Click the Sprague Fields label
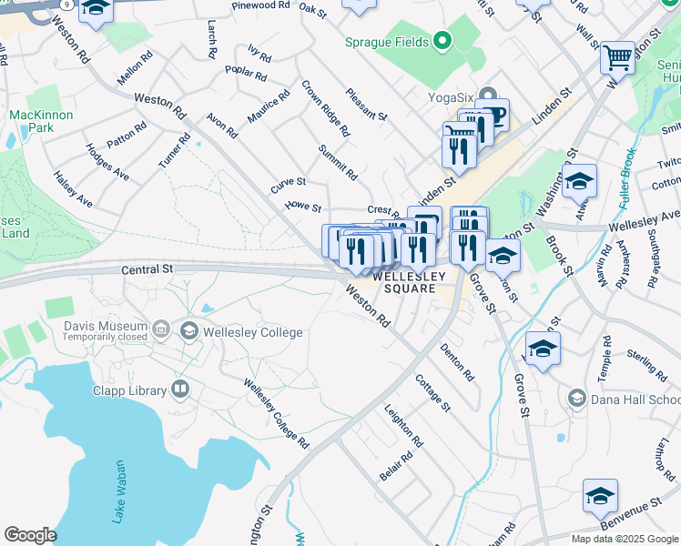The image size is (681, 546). click(387, 41)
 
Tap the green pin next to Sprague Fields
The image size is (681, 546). click(442, 40)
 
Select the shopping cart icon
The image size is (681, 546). click(617, 57)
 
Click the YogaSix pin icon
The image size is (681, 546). click(488, 95)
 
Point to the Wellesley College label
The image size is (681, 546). click(254, 332)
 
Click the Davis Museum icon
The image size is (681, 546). click(161, 327)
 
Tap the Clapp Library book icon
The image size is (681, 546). click(180, 390)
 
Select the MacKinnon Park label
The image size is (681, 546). click(34, 122)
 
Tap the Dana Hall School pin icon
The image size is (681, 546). click(575, 398)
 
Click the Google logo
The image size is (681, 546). click(30, 535)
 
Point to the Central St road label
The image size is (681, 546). click(147, 269)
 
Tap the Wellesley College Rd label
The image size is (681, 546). click(277, 412)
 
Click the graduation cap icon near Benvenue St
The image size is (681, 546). click(600, 497)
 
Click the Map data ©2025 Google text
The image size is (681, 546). click(625, 539)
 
